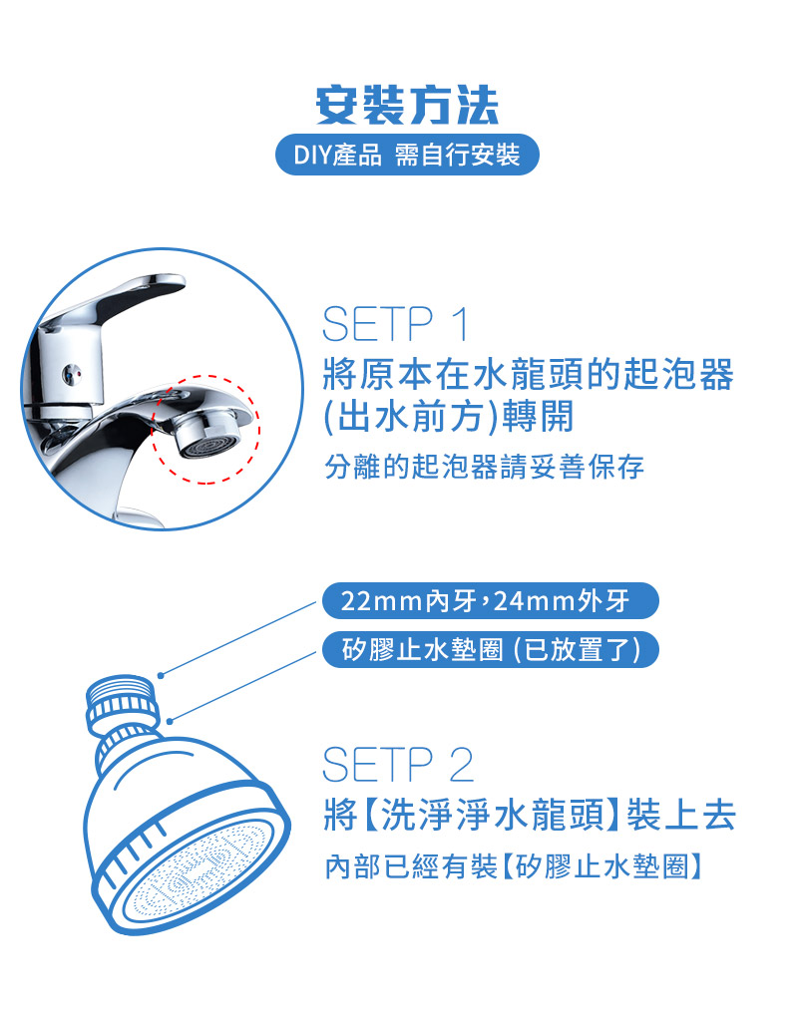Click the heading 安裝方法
406,105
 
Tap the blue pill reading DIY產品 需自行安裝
406,156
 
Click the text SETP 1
395,325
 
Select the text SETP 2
398,765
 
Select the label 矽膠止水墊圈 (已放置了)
490,649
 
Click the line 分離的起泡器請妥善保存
484,467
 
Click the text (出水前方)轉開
449,417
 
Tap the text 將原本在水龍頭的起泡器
529,375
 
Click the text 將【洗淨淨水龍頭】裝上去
530,816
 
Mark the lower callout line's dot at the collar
171,719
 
